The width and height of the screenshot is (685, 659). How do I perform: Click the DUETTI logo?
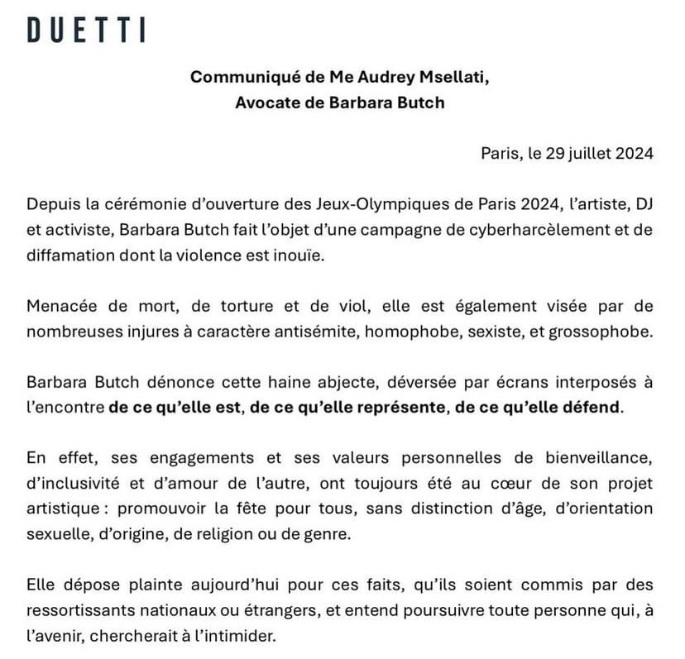pos(86,30)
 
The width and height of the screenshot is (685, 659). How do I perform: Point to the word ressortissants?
pos(79,610)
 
